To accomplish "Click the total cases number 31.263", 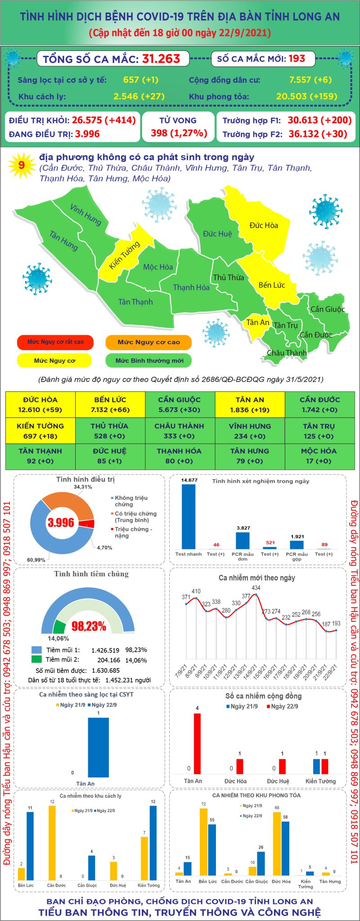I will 161,59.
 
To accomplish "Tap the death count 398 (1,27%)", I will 179,133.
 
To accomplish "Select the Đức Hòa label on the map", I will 264,225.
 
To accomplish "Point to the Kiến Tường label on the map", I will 125,255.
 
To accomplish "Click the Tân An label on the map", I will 257,322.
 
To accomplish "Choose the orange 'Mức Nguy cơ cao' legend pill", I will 148,342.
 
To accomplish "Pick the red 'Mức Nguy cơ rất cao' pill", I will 55,342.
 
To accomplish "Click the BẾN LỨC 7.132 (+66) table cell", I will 110,404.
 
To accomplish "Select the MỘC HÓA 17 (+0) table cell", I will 319,456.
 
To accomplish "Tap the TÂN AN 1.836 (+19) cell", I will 250,404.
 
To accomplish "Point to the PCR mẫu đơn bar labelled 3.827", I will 243,540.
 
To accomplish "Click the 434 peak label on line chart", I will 256,588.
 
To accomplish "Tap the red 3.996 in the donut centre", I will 61,522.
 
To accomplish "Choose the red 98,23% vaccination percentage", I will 89,626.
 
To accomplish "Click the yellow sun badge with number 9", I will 21,165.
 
